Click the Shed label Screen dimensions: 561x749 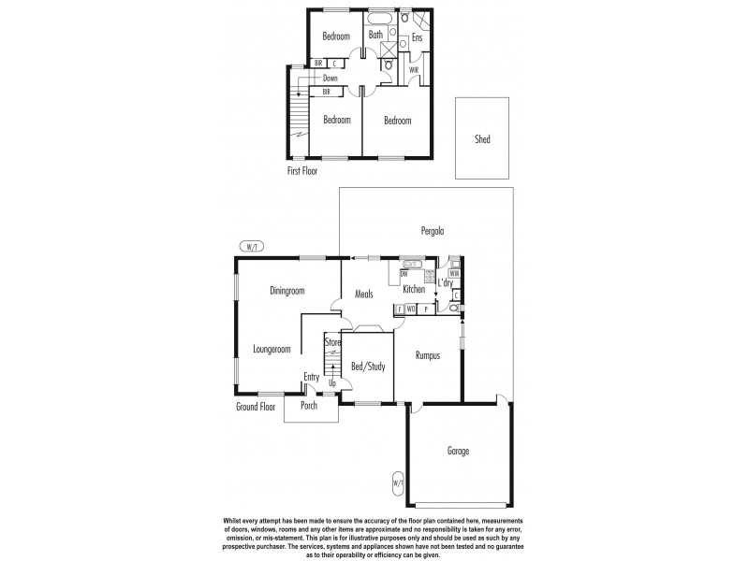click(482, 139)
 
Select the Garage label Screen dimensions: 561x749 click(458, 451)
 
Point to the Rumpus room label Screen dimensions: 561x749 click(427, 355)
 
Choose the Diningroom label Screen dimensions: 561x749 click(287, 291)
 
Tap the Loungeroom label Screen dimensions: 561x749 click(272, 349)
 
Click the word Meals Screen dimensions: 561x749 click(364, 295)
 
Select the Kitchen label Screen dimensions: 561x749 click(414, 289)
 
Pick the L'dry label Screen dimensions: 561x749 click(446, 281)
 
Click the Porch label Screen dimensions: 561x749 click(308, 406)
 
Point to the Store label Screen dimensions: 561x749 click(331, 343)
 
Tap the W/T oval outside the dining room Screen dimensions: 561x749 click(251, 247)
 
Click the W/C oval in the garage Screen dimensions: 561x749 click(397, 483)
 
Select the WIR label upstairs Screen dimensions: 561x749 click(414, 70)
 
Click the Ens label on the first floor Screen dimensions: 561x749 click(418, 38)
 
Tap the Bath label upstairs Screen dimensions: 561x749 click(375, 35)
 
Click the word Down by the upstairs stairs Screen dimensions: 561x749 click(330, 79)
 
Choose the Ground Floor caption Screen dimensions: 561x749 click(258, 406)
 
